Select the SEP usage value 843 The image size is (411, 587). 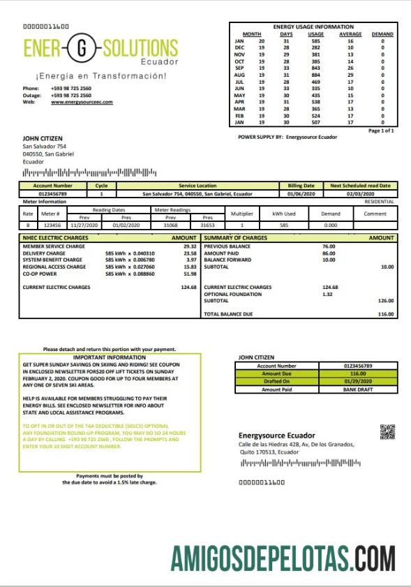pyautogui.click(x=316, y=67)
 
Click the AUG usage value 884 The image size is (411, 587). pyautogui.click(x=316, y=74)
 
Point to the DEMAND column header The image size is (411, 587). pyautogui.click(x=382, y=34)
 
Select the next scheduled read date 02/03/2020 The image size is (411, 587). pyautogui.click(x=361, y=194)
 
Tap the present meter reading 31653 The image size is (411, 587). pyautogui.click(x=207, y=225)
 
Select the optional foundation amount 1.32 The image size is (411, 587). pyautogui.click(x=328, y=294)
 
